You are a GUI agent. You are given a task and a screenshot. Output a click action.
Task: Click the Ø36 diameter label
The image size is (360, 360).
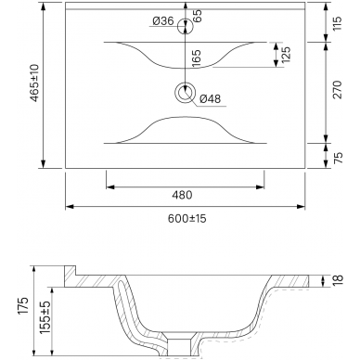[163, 21]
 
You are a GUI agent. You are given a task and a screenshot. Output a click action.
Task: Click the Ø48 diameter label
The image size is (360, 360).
[211, 99]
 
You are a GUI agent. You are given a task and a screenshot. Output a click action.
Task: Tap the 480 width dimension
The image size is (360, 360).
[182, 195]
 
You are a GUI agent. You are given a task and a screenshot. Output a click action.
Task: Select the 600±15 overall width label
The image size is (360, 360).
[187, 219]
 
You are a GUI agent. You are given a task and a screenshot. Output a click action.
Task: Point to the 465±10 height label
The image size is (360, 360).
[35, 83]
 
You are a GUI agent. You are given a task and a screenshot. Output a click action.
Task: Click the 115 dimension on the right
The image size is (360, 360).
[338, 23]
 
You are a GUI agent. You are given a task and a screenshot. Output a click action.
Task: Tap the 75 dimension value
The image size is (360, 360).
[339, 158]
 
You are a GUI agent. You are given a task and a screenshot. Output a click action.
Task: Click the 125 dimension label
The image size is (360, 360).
[287, 55]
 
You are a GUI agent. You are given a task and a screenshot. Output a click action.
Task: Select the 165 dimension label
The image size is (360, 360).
[197, 58]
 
